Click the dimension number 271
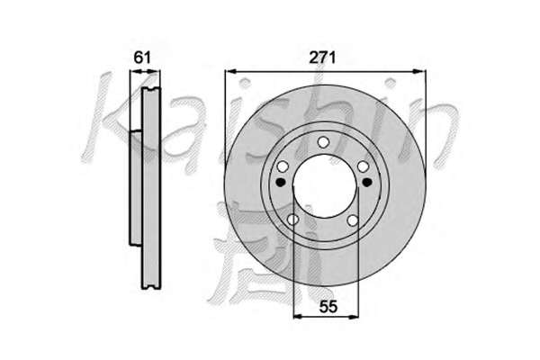click(x=322, y=58)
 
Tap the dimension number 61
click(x=142, y=58)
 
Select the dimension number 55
click(x=328, y=306)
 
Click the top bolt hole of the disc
click(x=323, y=142)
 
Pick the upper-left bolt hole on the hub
click(x=283, y=166)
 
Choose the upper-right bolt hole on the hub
click(x=364, y=166)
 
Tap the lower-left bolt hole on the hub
click(x=292, y=220)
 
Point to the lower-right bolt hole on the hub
click(x=353, y=220)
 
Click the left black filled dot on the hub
click(x=281, y=182)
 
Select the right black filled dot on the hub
click(x=367, y=182)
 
